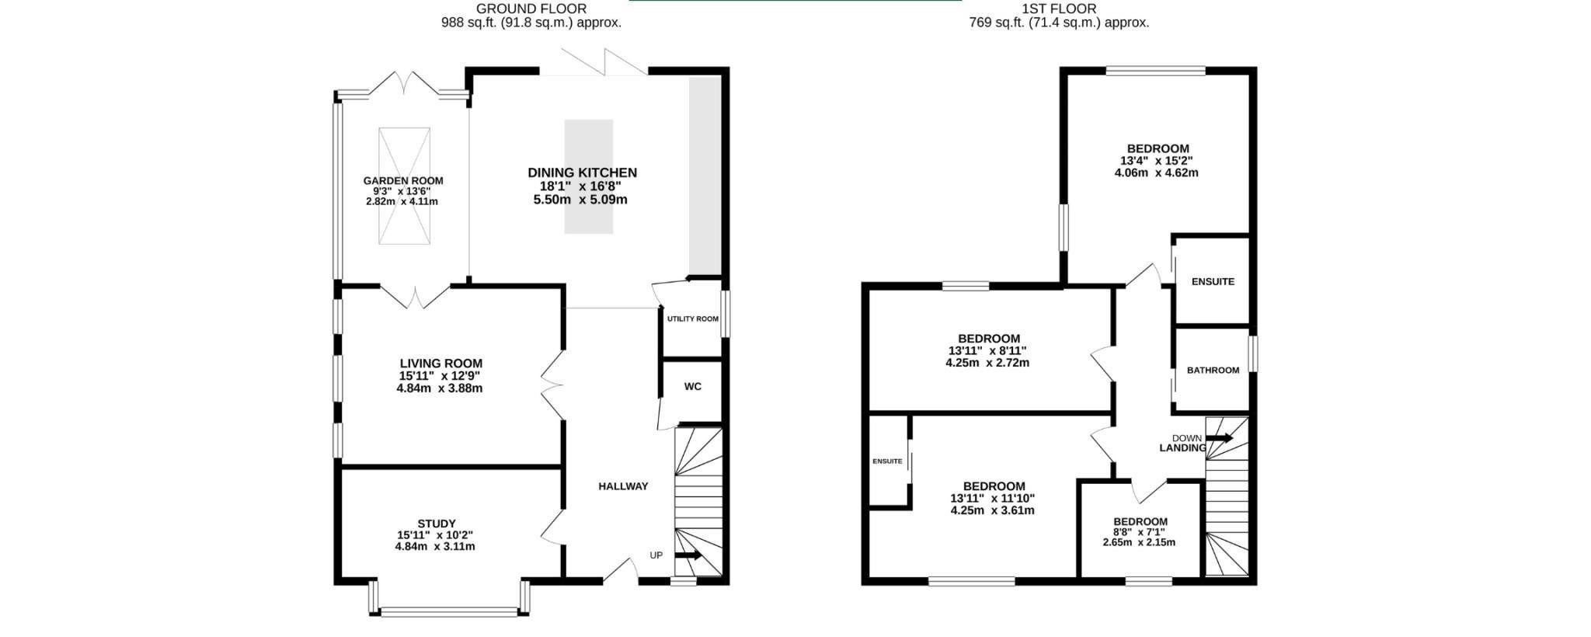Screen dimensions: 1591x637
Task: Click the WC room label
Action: pyautogui.click(x=692, y=387)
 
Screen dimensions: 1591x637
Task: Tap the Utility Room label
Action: pyautogui.click(x=693, y=319)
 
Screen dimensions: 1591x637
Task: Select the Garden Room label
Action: pyautogui.click(x=403, y=181)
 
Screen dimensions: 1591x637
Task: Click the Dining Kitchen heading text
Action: pyautogui.click(x=582, y=172)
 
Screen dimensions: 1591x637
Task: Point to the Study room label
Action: pyautogui.click(x=437, y=524)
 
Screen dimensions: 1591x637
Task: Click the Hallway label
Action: pyautogui.click(x=623, y=486)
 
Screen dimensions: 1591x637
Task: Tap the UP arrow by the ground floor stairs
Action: pyautogui.click(x=688, y=555)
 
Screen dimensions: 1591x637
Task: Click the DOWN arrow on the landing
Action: pyautogui.click(x=1219, y=438)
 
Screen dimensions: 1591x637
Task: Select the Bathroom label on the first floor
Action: pyautogui.click(x=1213, y=371)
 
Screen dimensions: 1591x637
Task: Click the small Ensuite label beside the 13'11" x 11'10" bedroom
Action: pyautogui.click(x=887, y=461)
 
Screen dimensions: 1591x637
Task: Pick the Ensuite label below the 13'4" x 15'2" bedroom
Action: pyautogui.click(x=1213, y=282)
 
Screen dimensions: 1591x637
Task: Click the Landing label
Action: pyautogui.click(x=1182, y=448)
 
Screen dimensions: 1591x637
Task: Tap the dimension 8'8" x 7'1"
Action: pyautogui.click(x=1140, y=532)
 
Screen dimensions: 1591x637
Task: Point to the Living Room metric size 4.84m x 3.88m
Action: pyautogui.click(x=440, y=388)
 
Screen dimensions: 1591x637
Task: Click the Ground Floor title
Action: pyautogui.click(x=531, y=9)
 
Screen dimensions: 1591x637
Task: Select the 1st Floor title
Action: pyautogui.click(x=1059, y=9)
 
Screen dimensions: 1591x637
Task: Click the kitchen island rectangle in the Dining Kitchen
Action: pyautogui.click(x=589, y=176)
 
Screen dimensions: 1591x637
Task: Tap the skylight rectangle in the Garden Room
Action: pyautogui.click(x=404, y=186)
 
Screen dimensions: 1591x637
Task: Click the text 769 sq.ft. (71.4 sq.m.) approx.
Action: pyautogui.click(x=1059, y=23)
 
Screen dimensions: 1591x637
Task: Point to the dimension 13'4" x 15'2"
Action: pyautogui.click(x=1156, y=161)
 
